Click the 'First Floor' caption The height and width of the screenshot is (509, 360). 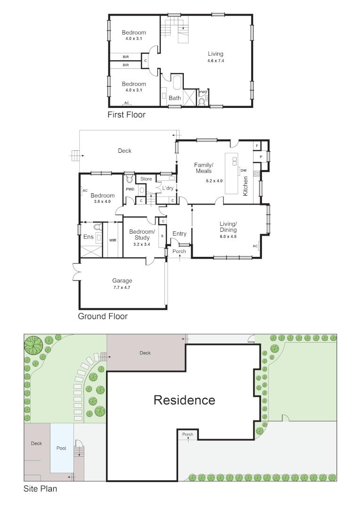coord(126,115)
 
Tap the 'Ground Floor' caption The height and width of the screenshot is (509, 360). coord(103,316)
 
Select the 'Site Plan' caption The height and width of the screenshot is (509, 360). coord(41,489)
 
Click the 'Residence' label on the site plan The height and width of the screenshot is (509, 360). coord(184,400)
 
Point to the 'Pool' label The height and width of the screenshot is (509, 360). coord(62,448)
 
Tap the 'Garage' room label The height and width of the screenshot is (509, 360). coord(122,281)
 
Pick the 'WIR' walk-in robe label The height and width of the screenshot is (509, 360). coord(113,240)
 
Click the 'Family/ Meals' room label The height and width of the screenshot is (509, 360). coord(204,168)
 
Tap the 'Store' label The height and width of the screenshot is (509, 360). coord(146,179)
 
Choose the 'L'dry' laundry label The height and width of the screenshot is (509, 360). coord(168,188)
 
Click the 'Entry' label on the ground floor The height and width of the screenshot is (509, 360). coord(179,234)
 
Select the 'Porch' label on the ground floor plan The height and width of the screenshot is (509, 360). coord(179,251)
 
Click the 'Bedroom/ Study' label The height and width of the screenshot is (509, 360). coord(142,235)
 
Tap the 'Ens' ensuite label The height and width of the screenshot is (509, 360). coord(88,237)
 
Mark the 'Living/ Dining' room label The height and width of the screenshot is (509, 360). coord(228,227)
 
